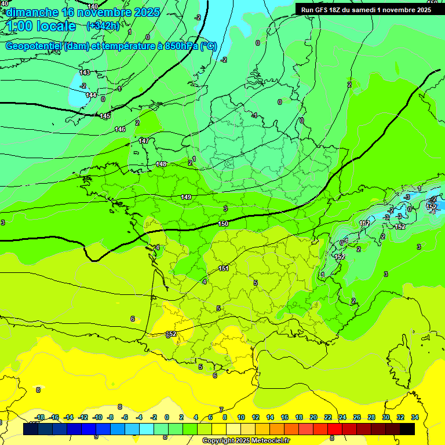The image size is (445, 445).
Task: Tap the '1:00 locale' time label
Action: click(x=41, y=26)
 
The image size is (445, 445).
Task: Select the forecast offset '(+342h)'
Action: click(x=103, y=25)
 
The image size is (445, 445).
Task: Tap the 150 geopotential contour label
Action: click(x=223, y=224)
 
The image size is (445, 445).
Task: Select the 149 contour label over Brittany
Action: click(x=186, y=198)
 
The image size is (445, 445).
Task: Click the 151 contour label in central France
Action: click(x=224, y=268)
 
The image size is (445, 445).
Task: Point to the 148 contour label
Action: click(x=161, y=165)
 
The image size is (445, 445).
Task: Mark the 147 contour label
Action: click(x=144, y=141)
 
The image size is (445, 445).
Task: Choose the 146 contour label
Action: click(x=120, y=129)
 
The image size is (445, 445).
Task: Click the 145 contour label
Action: click(x=105, y=116)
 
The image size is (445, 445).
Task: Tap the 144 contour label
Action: click(x=91, y=96)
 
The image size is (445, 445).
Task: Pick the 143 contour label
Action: click(x=85, y=72)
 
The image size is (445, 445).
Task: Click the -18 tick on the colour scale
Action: click(x=40, y=418)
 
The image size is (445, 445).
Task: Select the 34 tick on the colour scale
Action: click(x=415, y=418)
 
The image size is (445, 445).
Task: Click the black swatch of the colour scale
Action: click(x=407, y=429)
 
